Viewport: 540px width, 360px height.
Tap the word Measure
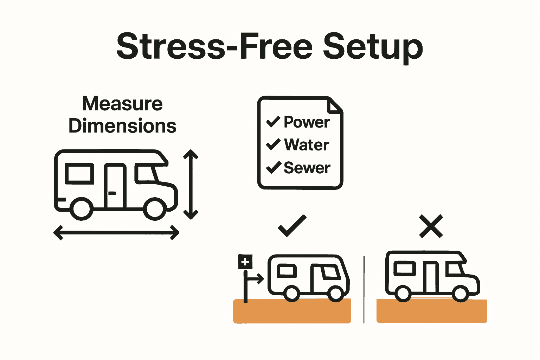(x=122, y=104)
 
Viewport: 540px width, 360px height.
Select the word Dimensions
(x=122, y=126)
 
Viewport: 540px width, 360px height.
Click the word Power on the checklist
(x=307, y=122)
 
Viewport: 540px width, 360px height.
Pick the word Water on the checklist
(x=306, y=145)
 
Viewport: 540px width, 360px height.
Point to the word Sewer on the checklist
(x=307, y=168)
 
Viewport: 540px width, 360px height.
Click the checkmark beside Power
(x=273, y=121)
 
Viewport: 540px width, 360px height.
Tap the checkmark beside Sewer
(x=273, y=167)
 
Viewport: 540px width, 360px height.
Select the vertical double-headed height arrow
(x=191, y=184)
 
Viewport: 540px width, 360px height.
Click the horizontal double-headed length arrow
(x=116, y=233)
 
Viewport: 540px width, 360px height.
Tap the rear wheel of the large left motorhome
(x=82, y=209)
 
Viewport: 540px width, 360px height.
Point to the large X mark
(x=431, y=227)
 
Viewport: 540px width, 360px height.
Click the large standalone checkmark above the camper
(x=292, y=226)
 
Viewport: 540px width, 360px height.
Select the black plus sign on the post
(x=245, y=262)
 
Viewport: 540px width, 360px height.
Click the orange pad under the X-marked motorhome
(x=431, y=311)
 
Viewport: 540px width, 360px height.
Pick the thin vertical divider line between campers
(x=364, y=290)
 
